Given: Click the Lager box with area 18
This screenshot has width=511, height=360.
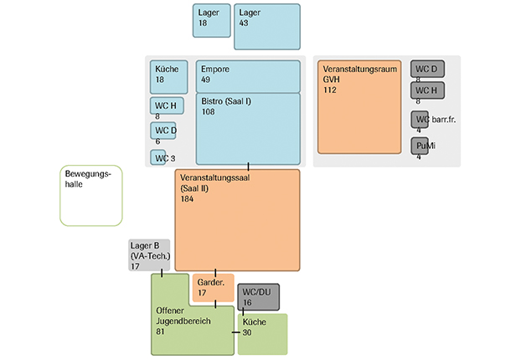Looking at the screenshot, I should coord(212,20).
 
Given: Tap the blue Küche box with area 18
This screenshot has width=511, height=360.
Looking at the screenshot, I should coord(169,76).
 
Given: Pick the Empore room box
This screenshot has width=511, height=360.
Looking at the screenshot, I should coord(248,76).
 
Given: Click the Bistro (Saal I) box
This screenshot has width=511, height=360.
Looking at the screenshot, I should coord(248,129).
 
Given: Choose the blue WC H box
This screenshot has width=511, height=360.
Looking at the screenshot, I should coord(164,105).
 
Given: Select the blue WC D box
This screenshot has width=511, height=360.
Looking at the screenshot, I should coord(163,131).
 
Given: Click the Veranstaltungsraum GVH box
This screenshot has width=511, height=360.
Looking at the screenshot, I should coord(359,106).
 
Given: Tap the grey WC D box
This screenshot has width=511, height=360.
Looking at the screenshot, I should coord(427,68).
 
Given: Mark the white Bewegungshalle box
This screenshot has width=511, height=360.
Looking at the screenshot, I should coord(90,195).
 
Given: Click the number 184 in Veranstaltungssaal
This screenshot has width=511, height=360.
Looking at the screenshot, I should coord(187,198).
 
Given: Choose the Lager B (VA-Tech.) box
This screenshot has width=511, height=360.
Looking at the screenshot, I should coord(149,255).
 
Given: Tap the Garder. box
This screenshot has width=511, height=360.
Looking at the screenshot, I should coord(213,287).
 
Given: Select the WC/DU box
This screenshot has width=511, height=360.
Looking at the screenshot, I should coord(258,296).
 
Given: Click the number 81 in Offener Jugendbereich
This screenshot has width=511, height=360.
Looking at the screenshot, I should coord(161,332).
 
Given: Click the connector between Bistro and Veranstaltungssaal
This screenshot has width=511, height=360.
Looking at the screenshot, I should coord(249,167).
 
